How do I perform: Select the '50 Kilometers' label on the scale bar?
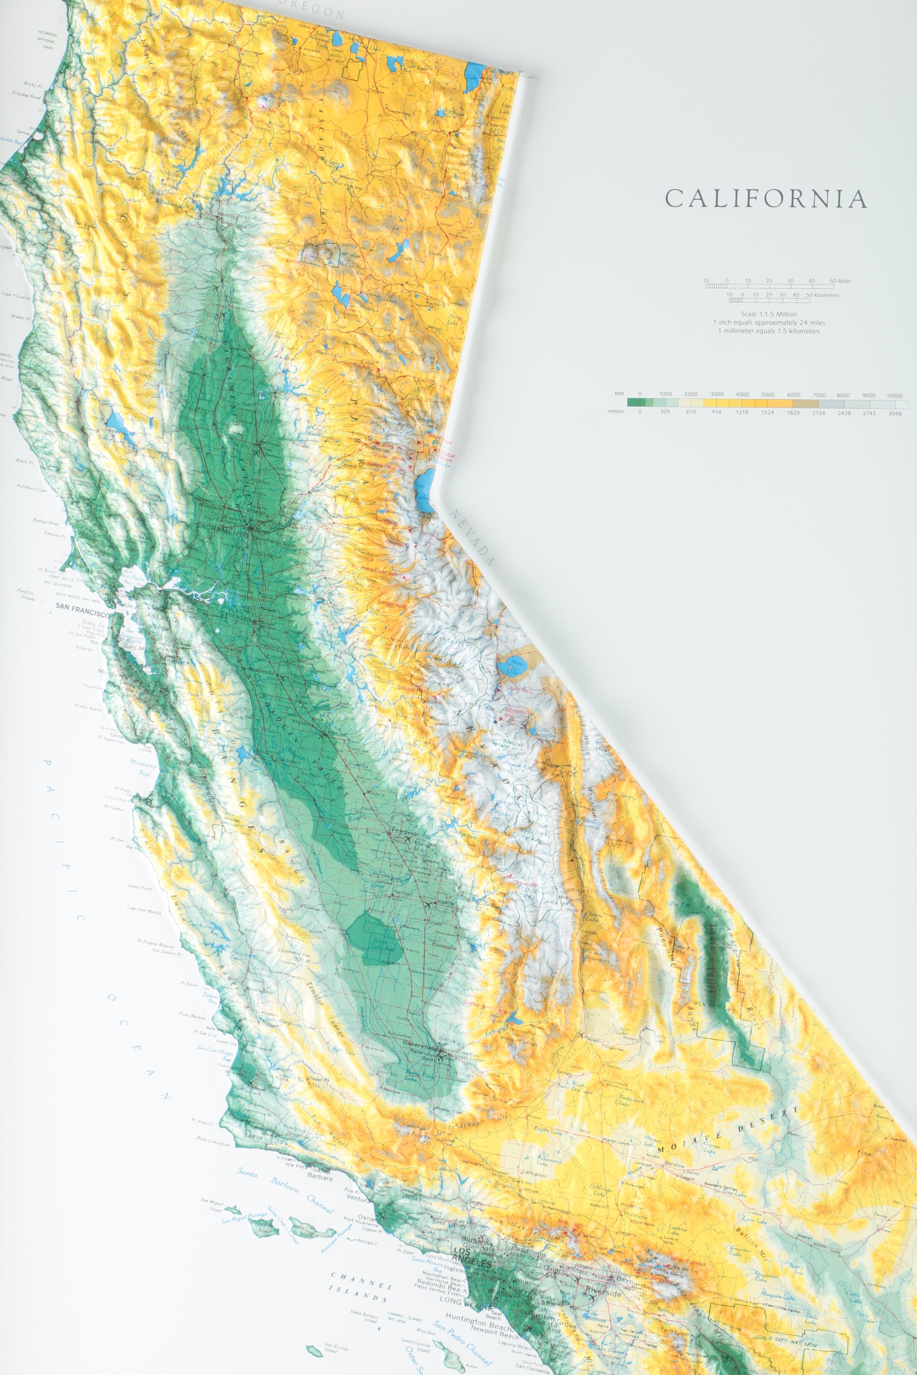point(823,295)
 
